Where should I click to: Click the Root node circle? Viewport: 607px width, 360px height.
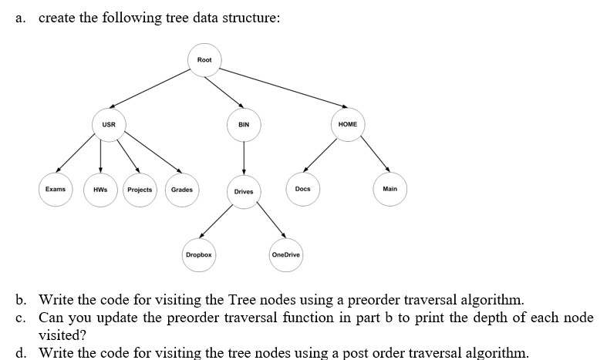[x=204, y=61]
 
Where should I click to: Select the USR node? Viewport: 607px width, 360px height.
[x=109, y=125]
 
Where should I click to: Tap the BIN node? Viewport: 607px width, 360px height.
[x=244, y=125]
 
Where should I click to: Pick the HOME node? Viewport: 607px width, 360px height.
[x=347, y=125]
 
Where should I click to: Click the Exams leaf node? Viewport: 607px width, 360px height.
[x=55, y=190]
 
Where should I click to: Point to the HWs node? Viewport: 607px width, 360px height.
[x=99, y=190]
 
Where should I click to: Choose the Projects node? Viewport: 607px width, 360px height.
[x=140, y=190]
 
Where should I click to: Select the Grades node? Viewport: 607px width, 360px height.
[x=181, y=190]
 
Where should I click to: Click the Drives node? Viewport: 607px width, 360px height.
[x=244, y=191]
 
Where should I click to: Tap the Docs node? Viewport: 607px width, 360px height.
[x=302, y=190]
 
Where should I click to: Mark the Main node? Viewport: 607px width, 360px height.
[x=389, y=190]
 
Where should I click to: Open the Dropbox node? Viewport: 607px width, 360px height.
[x=199, y=254]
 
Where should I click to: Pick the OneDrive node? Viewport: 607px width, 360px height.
[x=286, y=254]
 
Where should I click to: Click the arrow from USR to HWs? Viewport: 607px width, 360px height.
[x=100, y=157]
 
